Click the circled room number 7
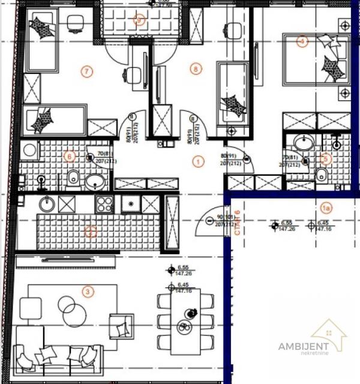tap(88, 71)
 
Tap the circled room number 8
tap(194, 68)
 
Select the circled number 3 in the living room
tap(88, 292)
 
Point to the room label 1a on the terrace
tap(326, 208)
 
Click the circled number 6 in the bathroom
tap(70, 157)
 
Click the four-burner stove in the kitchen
tap(104, 204)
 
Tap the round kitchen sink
tap(47, 204)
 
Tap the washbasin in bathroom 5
tap(305, 143)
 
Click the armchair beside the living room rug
tap(121, 326)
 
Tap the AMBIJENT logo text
tap(303, 345)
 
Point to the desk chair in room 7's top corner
tap(75, 22)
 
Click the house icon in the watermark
tap(329, 333)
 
